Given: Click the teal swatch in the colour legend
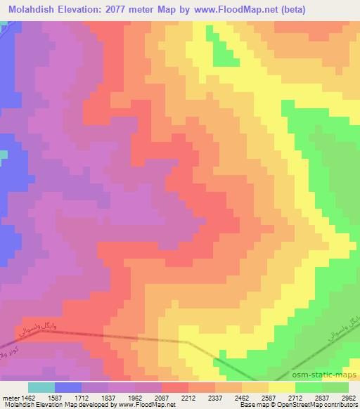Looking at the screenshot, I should click(x=41, y=387).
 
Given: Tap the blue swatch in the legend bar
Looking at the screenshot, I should click(x=68, y=387).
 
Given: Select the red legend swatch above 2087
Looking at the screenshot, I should click(x=175, y=387).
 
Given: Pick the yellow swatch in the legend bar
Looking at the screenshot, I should click(x=282, y=387).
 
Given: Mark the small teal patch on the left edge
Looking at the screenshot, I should click(x=3, y=155).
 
